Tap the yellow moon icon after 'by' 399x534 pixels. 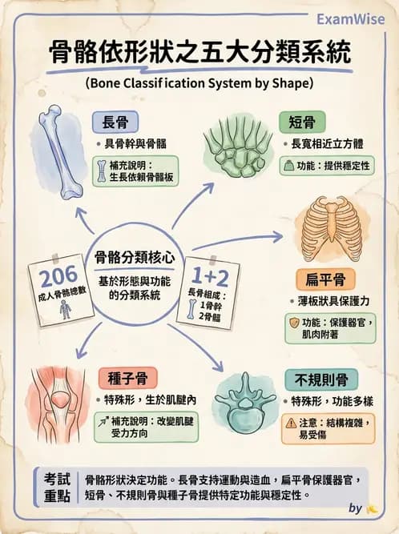372,508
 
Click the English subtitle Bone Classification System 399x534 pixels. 198,82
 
